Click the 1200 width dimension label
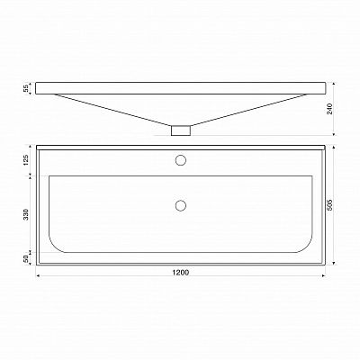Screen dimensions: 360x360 click(181, 272)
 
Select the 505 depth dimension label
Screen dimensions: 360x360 click(329, 205)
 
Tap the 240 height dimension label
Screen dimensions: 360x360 click(329, 109)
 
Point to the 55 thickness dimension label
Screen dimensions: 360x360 click(26, 88)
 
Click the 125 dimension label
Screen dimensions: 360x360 click(26, 160)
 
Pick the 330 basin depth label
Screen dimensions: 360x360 click(26, 214)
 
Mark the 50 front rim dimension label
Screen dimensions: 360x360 click(26, 259)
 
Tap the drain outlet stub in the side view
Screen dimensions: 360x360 click(181, 130)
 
